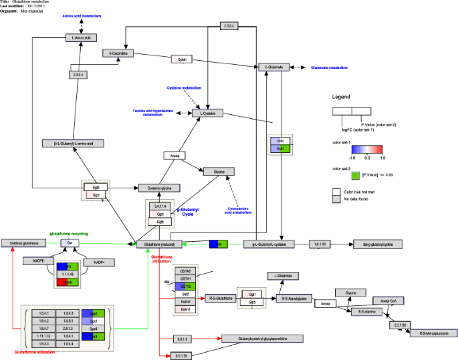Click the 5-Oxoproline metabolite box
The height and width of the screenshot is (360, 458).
[x=119, y=53]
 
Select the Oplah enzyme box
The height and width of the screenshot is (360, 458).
[x=182, y=59]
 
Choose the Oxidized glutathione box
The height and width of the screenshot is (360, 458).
[x=23, y=244]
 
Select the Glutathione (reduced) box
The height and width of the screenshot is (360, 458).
[x=158, y=244]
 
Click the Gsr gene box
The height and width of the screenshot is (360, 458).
[x=69, y=243]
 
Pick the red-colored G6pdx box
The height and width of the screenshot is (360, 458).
[x=68, y=283]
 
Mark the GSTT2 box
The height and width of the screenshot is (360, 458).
[x=185, y=286]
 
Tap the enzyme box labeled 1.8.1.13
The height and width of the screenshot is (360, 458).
[x=320, y=244]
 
